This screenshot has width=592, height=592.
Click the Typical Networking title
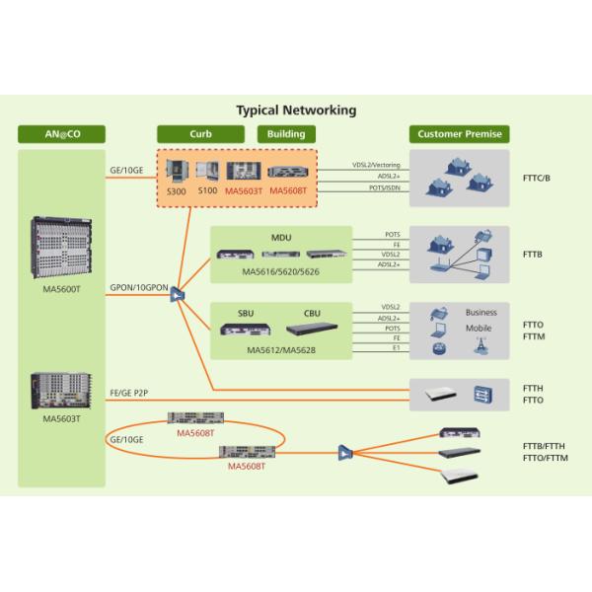pos(296,111)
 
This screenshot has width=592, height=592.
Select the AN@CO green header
pos(61,134)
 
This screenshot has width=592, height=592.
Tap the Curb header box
pos(200,134)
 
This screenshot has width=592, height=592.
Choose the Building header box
pos(286,134)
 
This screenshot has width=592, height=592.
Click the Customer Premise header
pos(459,134)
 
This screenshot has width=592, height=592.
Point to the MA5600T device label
pos(62,289)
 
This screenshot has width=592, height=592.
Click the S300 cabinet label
pos(176,190)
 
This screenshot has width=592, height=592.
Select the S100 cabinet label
pos(206,190)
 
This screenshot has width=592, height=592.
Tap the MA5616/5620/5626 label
pos(282,270)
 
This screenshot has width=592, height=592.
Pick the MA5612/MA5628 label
pos(281,350)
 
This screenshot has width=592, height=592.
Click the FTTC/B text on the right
pos(537,179)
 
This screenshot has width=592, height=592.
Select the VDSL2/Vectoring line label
pos(377,165)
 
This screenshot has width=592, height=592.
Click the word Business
pos(481,313)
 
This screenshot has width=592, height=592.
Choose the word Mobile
pos(479,328)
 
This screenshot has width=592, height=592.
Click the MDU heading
pos(281,238)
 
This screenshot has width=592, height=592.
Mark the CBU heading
pos(312,313)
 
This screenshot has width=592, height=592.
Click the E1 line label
pos(395,349)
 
